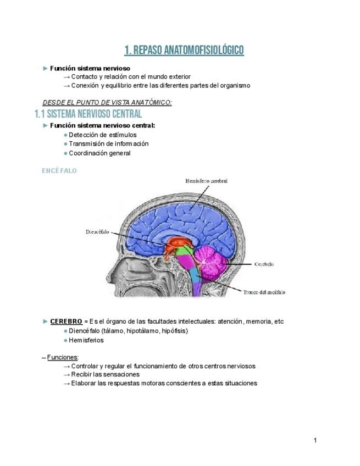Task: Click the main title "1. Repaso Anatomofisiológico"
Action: (184, 51)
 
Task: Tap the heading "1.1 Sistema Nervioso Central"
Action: (88, 114)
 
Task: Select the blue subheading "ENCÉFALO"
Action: (59, 171)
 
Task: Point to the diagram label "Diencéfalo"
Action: (98, 231)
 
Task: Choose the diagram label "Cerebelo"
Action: (264, 264)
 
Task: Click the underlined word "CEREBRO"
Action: (66, 321)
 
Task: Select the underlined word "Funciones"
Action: (63, 357)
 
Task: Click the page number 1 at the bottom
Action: (315, 440)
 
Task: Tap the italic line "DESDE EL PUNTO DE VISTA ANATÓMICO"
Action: (107, 103)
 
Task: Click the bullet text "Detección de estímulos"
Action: (103, 135)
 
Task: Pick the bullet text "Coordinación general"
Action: (99, 153)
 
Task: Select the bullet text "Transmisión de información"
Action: (108, 144)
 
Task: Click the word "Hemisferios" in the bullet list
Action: (86, 340)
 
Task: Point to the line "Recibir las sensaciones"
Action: (104, 374)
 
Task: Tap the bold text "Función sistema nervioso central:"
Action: (103, 125)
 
